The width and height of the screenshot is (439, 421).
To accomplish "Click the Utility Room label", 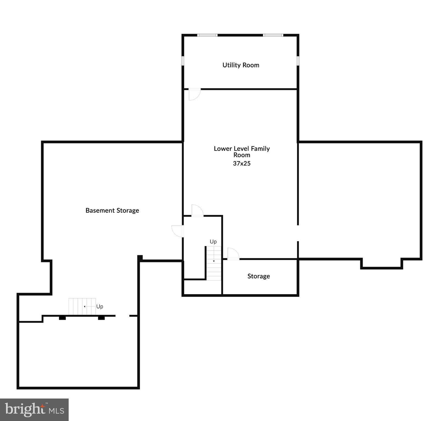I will click(241, 65).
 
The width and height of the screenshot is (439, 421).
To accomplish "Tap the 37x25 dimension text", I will click(242, 163).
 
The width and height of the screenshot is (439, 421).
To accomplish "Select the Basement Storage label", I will click(112, 210).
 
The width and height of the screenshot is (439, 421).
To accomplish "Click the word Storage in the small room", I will click(258, 276).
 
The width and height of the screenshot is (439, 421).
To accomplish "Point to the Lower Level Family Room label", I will click(242, 152).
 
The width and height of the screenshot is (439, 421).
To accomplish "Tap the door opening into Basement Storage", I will click(178, 231).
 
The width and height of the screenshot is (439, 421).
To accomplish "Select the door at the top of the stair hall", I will click(197, 210).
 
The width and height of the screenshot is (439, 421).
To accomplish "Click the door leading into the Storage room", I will click(233, 254).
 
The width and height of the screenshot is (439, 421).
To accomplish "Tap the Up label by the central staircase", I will click(213, 241).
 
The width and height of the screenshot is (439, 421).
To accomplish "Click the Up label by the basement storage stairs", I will click(100, 306).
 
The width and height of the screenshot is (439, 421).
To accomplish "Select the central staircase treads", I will click(214, 263).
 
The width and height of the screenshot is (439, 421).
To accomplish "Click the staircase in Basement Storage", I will click(82, 306).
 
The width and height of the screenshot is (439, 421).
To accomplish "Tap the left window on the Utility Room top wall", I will click(207, 35).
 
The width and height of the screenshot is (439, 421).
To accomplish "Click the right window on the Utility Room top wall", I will click(273, 35).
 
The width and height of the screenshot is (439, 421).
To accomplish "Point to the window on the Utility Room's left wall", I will click(183, 61).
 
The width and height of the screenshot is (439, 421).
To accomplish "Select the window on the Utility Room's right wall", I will click(298, 61).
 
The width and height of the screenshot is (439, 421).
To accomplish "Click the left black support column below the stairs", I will click(62, 318).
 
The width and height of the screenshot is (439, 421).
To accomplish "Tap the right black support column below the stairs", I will click(101, 318).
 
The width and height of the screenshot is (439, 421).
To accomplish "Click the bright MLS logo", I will click(34, 409).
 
